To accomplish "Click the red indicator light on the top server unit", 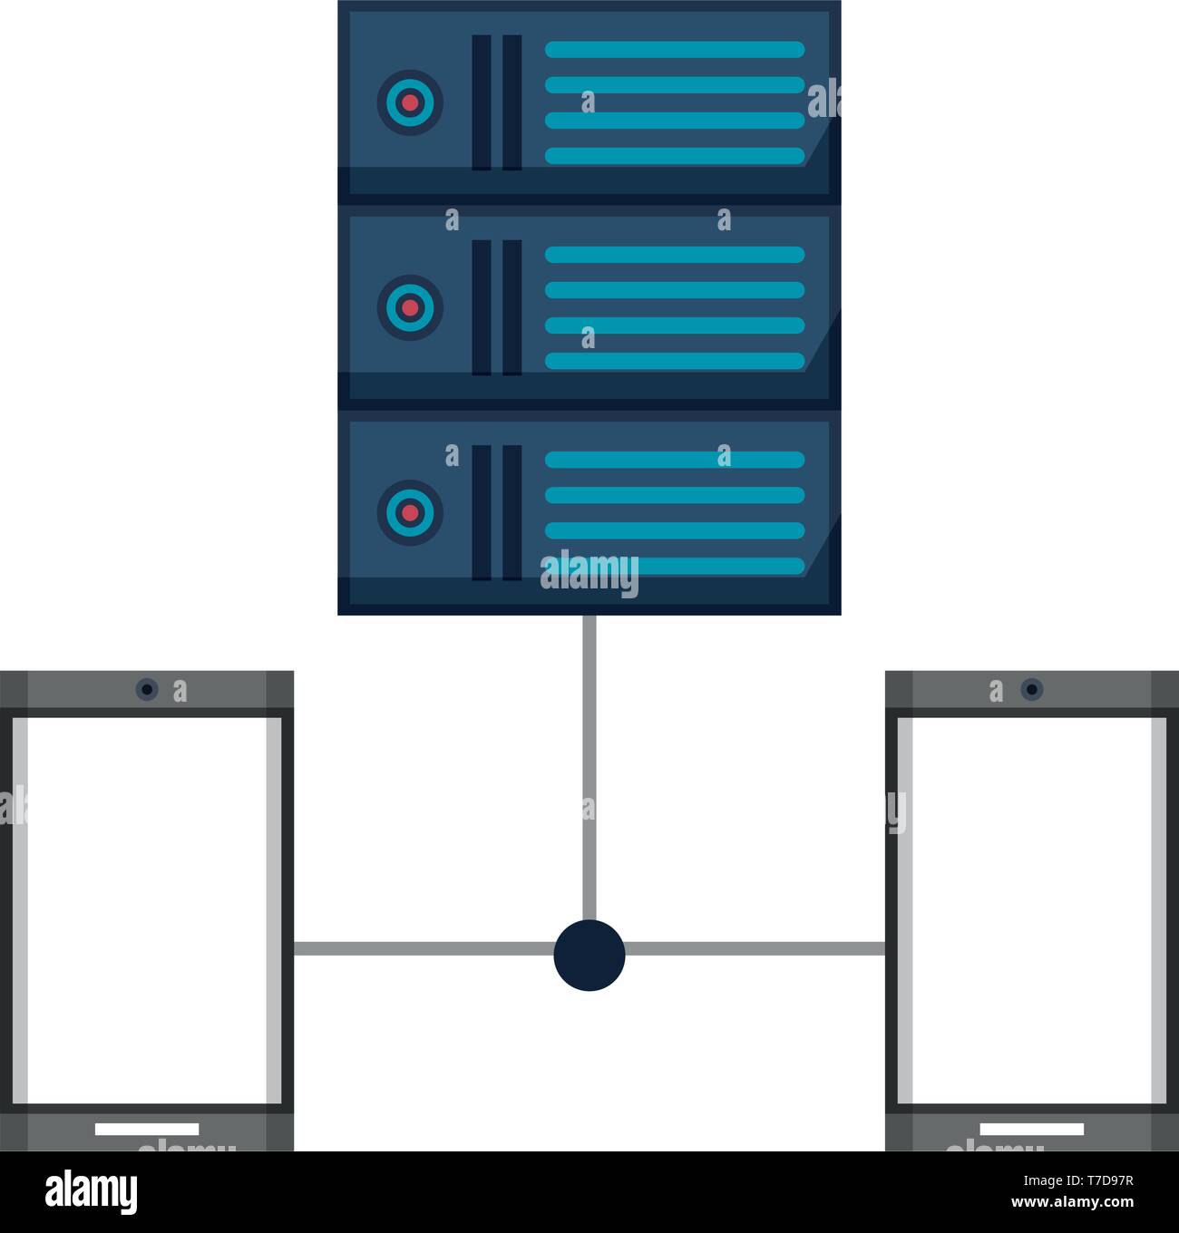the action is pyautogui.click(x=410, y=102).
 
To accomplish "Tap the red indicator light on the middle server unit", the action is pyautogui.click(x=410, y=308).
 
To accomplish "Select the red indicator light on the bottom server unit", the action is pyautogui.click(x=410, y=512).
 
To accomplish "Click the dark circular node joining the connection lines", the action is pyautogui.click(x=589, y=956).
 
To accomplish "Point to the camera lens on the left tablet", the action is pyautogui.click(x=147, y=689).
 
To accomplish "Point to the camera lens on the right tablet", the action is pyautogui.click(x=1032, y=689).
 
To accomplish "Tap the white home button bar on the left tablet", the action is pyautogui.click(x=147, y=1129).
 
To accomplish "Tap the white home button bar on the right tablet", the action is pyautogui.click(x=1032, y=1129).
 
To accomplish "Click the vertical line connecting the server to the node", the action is pyautogui.click(x=589, y=768).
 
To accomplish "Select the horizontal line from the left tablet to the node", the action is pyautogui.click(x=424, y=948).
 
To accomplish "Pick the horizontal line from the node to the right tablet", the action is pyautogui.click(x=755, y=948).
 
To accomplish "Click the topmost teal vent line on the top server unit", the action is pyautogui.click(x=675, y=50).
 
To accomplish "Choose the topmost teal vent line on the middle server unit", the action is pyautogui.click(x=675, y=255).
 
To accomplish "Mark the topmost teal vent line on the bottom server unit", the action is pyautogui.click(x=675, y=460).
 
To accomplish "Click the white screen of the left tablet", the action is pyautogui.click(x=147, y=910).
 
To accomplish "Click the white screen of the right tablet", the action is pyautogui.click(x=1032, y=910).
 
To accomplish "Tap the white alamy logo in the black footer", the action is pyautogui.click(x=92, y=1192).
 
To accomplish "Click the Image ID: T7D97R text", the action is pyautogui.click(x=1078, y=1180).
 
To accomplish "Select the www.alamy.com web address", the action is pyautogui.click(x=1073, y=1202).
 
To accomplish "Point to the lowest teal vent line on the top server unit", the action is pyautogui.click(x=675, y=156).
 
